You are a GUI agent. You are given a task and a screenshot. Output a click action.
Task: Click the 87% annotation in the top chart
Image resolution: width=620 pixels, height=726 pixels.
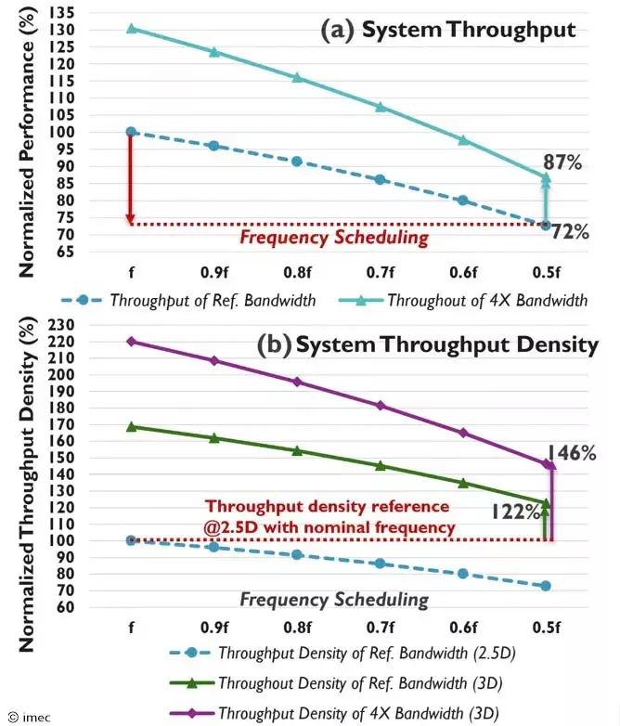(563, 163)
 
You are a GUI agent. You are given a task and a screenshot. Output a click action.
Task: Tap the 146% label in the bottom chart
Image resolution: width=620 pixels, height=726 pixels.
(571, 453)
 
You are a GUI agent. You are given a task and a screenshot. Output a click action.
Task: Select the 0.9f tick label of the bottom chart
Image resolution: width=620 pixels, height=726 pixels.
(213, 627)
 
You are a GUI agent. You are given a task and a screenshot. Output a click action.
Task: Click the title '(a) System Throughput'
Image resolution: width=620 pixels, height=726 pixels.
(448, 30)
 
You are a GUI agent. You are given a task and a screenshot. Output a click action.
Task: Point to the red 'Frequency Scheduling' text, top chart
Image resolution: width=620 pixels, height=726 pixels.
(334, 237)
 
